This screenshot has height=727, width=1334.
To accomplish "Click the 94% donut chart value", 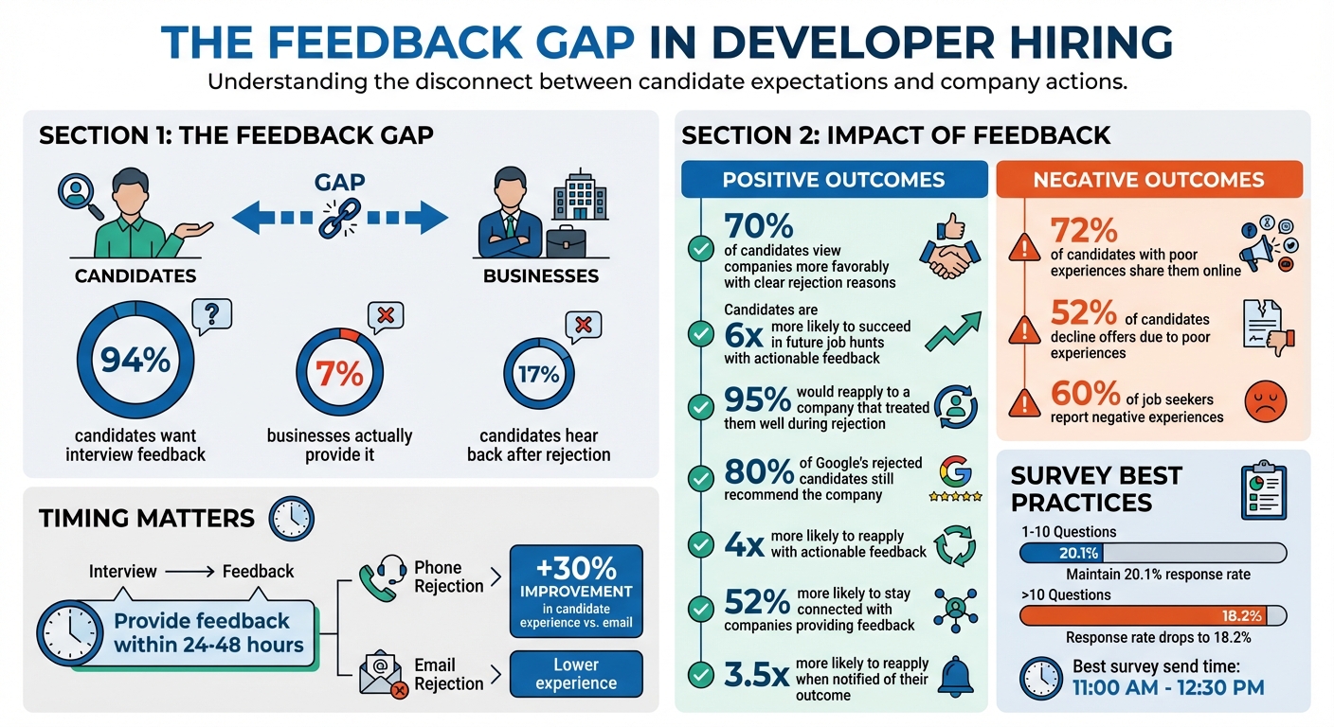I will (135, 361).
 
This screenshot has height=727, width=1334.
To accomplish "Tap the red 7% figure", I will (339, 374).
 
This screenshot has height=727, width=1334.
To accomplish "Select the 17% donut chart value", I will (538, 374).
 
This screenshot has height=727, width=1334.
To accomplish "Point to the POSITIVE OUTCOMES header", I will (833, 180).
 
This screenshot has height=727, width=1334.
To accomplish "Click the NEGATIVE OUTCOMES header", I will (1148, 180).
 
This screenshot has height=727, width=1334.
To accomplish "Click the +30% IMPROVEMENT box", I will (575, 592).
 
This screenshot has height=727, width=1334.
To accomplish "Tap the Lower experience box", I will (575, 673).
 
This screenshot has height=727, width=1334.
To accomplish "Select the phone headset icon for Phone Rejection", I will (380, 576).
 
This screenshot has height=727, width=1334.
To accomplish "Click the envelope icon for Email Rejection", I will (381, 675).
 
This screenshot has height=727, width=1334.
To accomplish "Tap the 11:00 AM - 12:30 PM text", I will (1168, 688).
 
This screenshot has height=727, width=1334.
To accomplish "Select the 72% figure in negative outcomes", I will (1084, 231).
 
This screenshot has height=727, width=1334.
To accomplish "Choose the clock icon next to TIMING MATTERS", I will (291, 518).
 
